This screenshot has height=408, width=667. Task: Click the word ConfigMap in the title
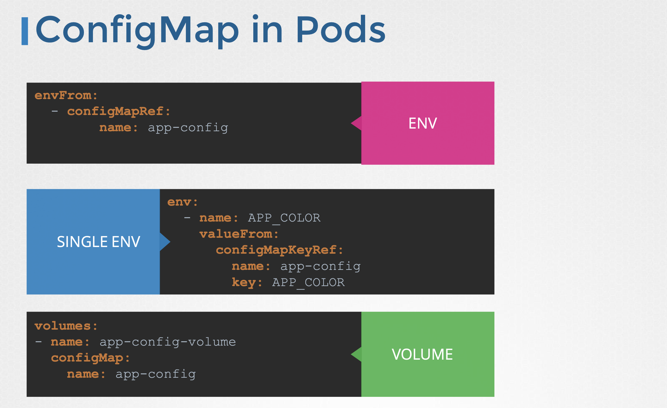(x=137, y=30)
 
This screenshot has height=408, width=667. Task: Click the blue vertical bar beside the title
(x=25, y=31)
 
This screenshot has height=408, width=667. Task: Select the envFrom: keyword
(x=66, y=96)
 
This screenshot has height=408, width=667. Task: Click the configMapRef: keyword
(x=119, y=112)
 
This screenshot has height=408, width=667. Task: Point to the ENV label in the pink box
(x=422, y=124)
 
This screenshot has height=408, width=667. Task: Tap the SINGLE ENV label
(x=99, y=242)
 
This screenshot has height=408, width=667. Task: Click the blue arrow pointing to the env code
(x=165, y=242)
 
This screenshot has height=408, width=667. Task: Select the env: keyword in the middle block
(x=182, y=202)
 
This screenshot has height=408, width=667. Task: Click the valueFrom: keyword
(x=239, y=234)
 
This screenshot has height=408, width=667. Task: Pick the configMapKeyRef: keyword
(x=279, y=250)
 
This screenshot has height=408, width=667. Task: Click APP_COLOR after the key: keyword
(x=308, y=283)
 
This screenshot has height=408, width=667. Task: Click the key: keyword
(x=247, y=283)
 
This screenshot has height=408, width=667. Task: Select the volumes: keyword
(x=66, y=326)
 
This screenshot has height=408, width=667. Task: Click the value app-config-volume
(x=168, y=342)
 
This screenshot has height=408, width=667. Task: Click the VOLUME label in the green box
(x=422, y=354)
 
